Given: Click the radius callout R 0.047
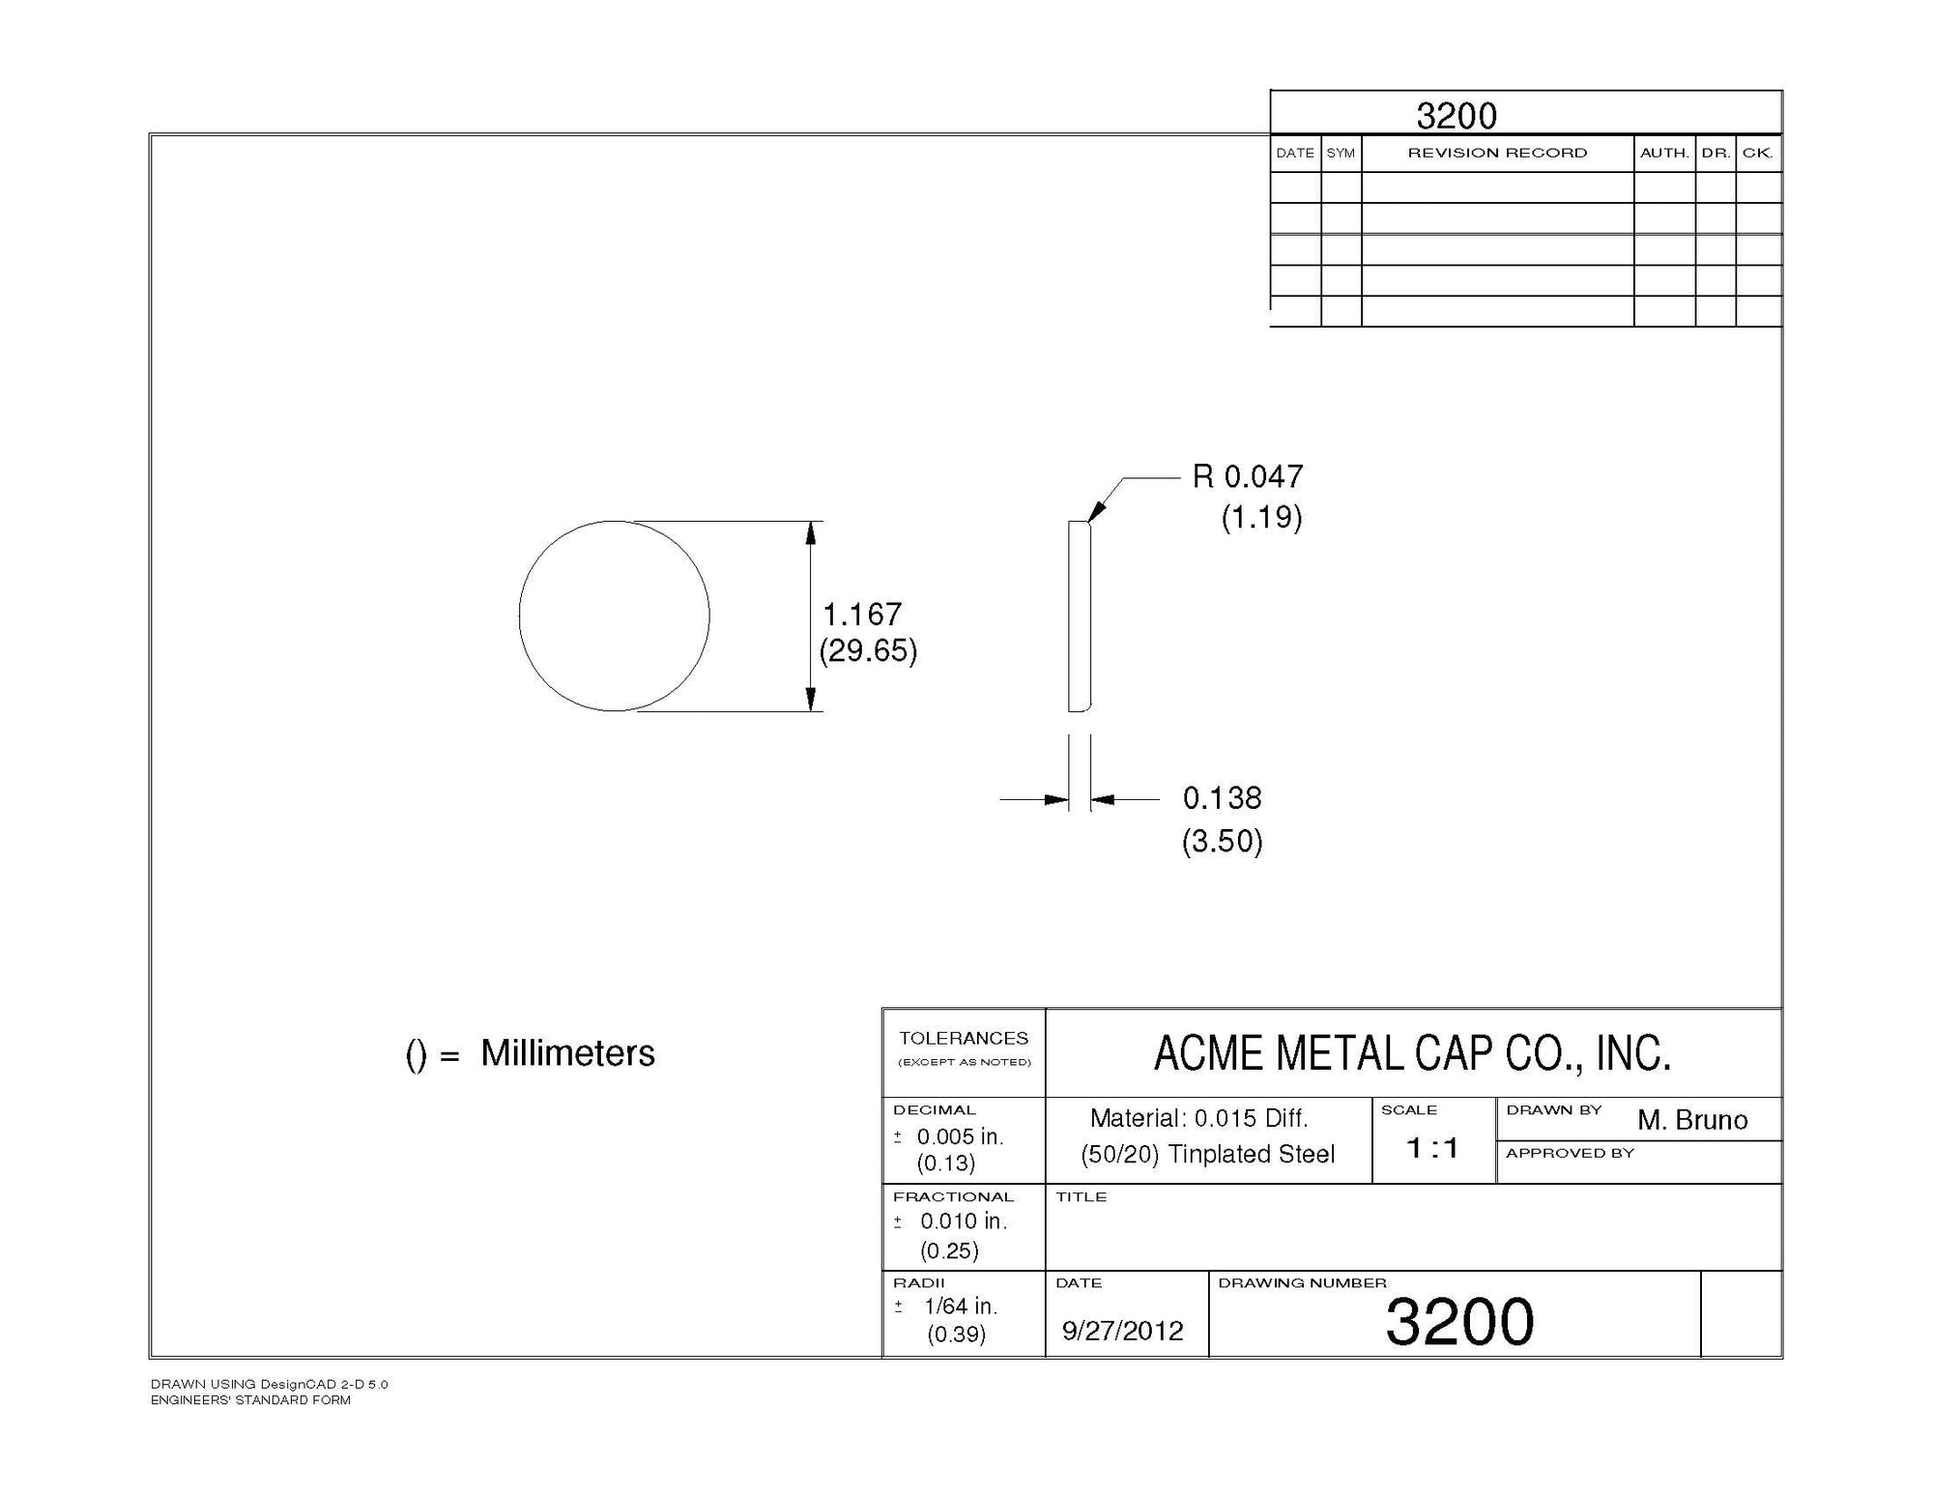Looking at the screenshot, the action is pyautogui.click(x=1248, y=476).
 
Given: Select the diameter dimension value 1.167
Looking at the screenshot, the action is pyautogui.click(x=861, y=615).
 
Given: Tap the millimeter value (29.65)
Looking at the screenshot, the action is pyautogui.click(x=868, y=650).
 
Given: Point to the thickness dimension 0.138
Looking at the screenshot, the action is pyautogui.click(x=1223, y=798).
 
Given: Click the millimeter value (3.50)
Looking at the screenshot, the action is pyautogui.click(x=1223, y=841).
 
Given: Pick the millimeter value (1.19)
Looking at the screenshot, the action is pyautogui.click(x=1262, y=517).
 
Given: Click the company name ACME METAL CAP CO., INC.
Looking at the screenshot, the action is pyautogui.click(x=1412, y=1053).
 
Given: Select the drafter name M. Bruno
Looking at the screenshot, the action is pyautogui.click(x=1692, y=1120).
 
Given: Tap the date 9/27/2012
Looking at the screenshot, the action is pyautogui.click(x=1122, y=1332).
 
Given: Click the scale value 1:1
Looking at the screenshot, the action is pyautogui.click(x=1432, y=1148).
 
